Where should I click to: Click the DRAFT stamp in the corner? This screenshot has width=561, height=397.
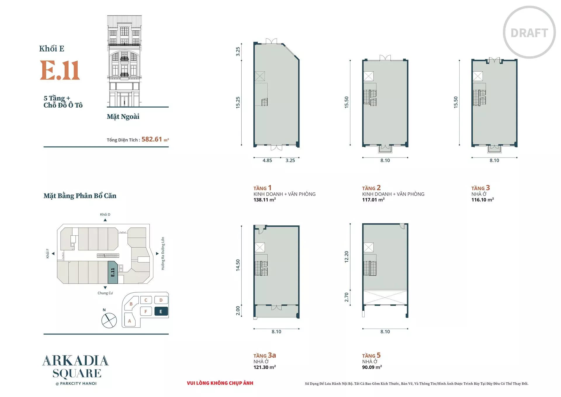(529, 32)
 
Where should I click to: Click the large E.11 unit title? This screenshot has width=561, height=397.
(60, 70)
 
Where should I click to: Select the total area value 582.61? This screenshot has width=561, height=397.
(152, 139)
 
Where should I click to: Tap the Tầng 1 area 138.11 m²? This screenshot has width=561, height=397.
(265, 200)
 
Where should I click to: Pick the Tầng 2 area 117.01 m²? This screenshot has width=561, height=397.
(373, 200)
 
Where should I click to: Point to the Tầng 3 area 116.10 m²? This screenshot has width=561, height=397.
(483, 200)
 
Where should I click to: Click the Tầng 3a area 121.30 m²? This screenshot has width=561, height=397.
(265, 367)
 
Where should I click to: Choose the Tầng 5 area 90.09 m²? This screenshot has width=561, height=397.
(372, 367)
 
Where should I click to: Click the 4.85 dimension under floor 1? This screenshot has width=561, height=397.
(267, 160)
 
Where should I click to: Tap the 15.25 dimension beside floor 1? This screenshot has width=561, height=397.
(238, 103)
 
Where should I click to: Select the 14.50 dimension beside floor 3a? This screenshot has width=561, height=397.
(238, 265)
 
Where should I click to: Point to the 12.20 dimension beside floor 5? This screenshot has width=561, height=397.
(347, 257)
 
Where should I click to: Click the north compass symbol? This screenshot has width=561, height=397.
(109, 320)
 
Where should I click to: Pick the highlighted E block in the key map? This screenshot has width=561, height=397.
(161, 312)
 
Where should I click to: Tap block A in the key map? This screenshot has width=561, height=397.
(129, 321)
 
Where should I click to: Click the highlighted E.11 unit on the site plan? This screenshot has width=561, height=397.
(113, 272)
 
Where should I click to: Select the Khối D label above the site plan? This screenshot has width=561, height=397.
(105, 215)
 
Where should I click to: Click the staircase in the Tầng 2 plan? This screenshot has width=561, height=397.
(370, 98)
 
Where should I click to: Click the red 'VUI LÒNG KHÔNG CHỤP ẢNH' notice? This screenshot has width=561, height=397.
(220, 383)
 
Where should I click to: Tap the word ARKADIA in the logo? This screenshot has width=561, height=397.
(76, 361)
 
